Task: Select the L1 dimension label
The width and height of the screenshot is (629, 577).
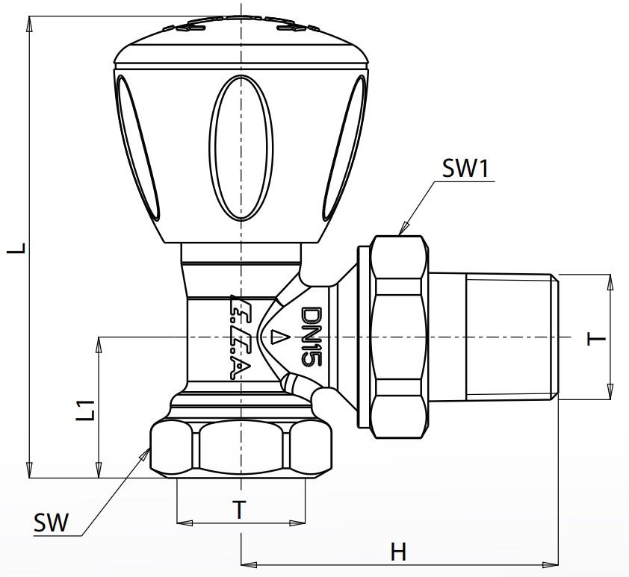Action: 87,409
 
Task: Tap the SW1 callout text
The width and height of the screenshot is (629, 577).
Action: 465,169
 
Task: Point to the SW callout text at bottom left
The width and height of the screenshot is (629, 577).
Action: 51,523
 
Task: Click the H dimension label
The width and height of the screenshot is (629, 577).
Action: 399,552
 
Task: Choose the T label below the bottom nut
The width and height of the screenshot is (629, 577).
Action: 239,511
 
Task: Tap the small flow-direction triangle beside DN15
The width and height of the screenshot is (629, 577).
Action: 278,337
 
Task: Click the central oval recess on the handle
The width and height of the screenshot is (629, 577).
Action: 241,149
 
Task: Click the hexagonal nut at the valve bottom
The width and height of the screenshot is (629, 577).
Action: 241,448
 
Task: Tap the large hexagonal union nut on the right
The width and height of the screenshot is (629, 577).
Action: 401,337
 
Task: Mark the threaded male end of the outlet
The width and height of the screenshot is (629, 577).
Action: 512,337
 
